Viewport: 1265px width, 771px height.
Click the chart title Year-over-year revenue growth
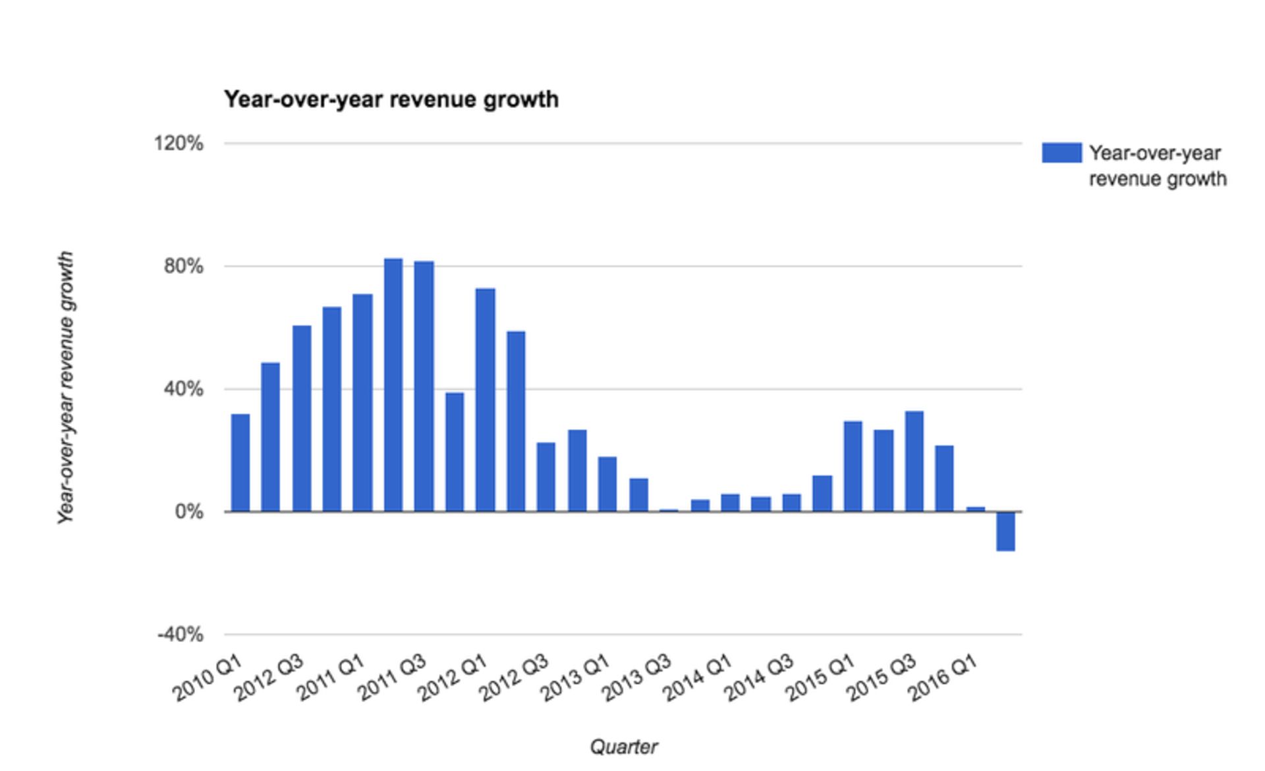point(391,99)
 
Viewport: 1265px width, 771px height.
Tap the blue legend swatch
point(1061,153)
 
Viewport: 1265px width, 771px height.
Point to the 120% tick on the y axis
point(179,143)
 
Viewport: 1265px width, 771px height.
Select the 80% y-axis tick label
point(183,266)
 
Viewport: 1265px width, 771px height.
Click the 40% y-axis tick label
point(183,389)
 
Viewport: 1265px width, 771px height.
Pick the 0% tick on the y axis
point(189,512)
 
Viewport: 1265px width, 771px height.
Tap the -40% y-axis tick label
point(180,635)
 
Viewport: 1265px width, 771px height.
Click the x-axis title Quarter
point(623,747)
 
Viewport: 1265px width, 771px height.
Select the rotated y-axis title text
point(65,388)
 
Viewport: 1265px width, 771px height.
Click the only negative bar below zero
point(1005,531)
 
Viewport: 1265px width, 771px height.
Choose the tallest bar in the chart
point(393,385)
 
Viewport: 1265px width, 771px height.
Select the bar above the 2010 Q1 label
point(240,462)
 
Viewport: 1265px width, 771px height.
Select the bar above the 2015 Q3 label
point(914,461)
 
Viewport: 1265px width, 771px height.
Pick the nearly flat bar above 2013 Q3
point(669,510)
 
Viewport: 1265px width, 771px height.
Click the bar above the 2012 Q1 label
point(486,400)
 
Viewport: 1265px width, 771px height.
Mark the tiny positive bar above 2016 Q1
point(975,508)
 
